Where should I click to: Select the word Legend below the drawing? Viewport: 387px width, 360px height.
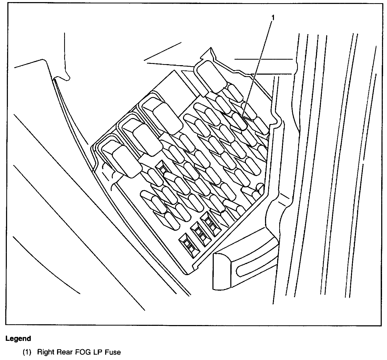[x=18, y=338]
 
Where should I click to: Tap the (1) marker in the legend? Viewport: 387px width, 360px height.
[x=27, y=352]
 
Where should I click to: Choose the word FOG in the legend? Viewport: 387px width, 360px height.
[x=79, y=352]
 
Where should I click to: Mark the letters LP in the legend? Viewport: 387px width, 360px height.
[x=94, y=352]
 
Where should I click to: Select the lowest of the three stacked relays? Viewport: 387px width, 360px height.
[x=126, y=161]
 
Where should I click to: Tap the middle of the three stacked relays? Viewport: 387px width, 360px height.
[x=147, y=139]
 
